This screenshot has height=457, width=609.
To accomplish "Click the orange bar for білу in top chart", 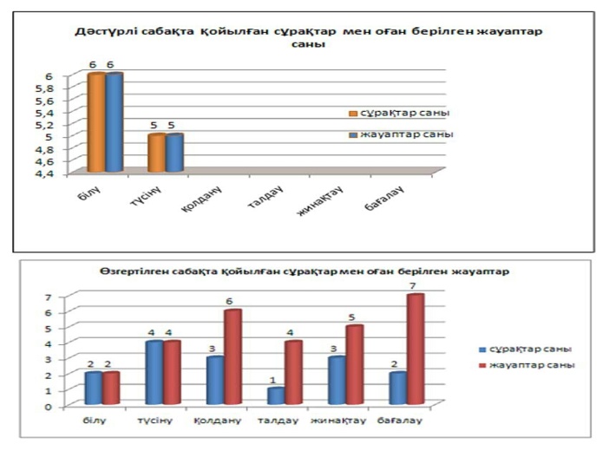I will tap(95, 123).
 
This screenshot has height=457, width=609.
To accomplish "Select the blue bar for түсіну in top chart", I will tap(174, 153).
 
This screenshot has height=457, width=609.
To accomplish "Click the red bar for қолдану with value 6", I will tap(232, 356).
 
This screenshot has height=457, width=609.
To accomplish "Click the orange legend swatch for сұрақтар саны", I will tap(352, 114).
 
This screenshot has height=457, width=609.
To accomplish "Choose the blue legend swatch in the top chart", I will tap(352, 135).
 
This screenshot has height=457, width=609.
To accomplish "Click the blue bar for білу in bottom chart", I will tap(93, 388).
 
